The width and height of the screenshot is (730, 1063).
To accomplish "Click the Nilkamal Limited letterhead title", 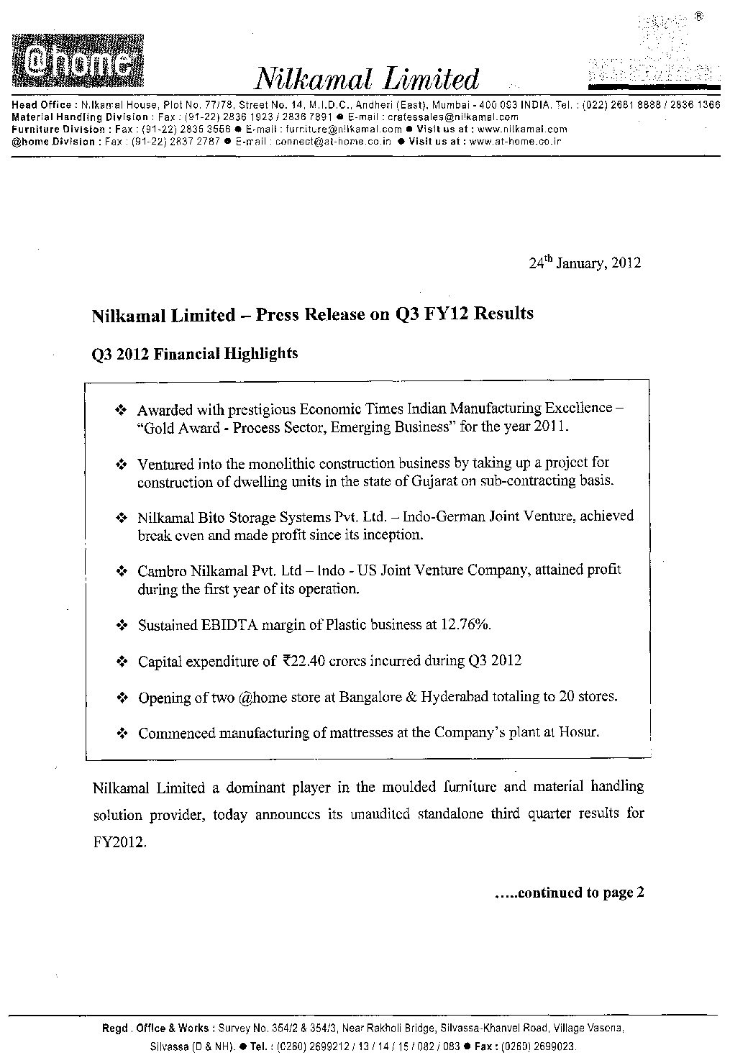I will pos(368,78).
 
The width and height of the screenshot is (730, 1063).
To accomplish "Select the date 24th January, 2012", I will pos(585,263).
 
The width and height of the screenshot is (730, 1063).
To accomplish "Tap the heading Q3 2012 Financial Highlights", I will pos(195,354).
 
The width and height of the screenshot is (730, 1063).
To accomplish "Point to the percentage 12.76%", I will pos(467,624).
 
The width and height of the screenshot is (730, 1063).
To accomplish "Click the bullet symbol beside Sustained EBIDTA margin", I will pos(122,626).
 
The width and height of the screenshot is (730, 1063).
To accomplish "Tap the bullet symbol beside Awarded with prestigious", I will pos(122,411).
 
